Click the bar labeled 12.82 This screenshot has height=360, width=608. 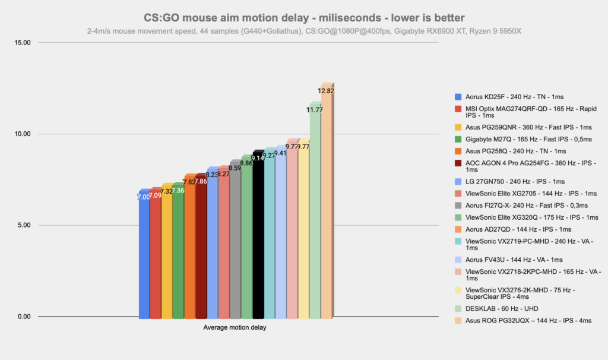click(326, 202)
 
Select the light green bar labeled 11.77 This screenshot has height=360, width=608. click(315, 214)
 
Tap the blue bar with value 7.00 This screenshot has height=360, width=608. click(144, 255)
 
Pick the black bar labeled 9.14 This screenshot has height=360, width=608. click(258, 238)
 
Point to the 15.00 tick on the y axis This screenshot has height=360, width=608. click(22, 43)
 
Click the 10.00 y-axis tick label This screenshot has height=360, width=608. click(22, 134)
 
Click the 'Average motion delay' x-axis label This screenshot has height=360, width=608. click(235, 327)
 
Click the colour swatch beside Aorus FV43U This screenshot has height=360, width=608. click(458, 260)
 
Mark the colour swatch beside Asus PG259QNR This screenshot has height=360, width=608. click(458, 127)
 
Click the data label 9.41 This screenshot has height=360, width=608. click(280, 153)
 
